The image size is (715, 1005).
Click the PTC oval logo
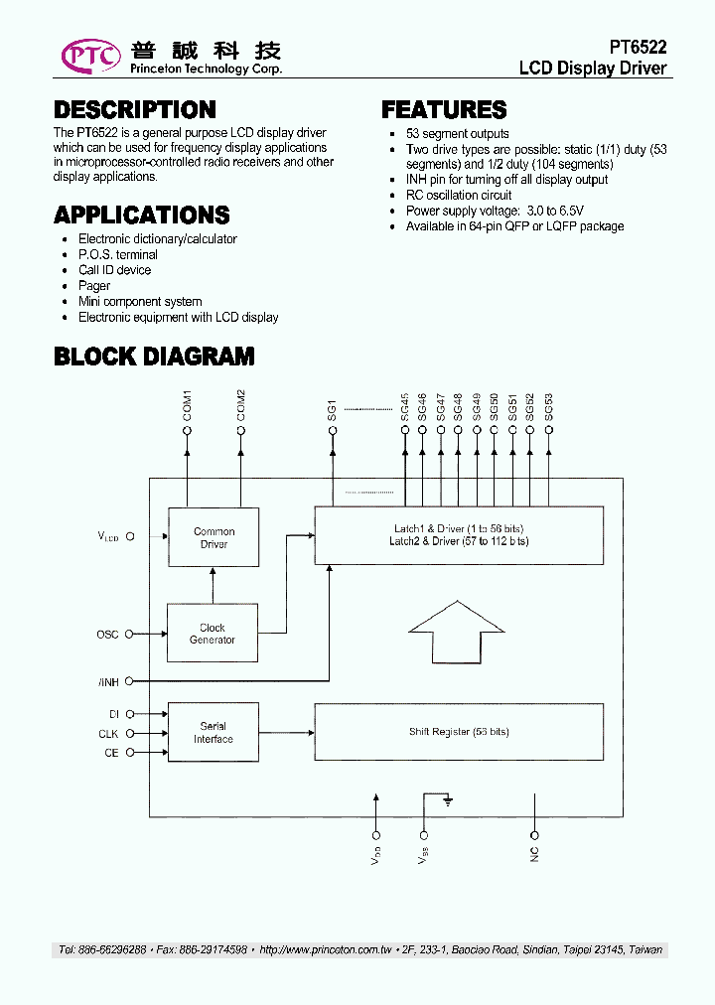point(90,56)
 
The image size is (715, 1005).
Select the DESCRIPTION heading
point(134,110)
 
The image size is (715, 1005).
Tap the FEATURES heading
point(444,110)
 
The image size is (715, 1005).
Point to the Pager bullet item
point(94,286)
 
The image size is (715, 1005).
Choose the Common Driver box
point(214,537)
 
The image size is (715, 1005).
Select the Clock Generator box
point(213,634)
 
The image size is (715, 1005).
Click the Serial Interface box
point(213,733)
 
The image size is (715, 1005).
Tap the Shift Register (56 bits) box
point(459,732)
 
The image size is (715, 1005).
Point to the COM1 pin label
point(188,406)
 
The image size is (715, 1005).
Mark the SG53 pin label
point(548,407)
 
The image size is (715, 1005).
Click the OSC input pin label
point(107,635)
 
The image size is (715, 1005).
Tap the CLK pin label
point(108,734)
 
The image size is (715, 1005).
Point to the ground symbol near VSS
point(449,798)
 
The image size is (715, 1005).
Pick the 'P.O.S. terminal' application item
point(117,255)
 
